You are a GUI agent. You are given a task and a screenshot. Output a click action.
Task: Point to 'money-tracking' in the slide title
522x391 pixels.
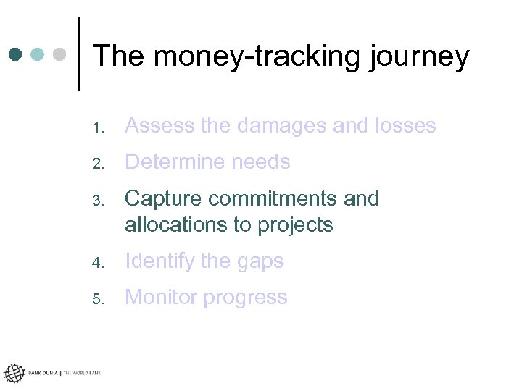tap(243, 56)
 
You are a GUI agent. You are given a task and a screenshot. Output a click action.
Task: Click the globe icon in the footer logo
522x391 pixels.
tap(14, 374)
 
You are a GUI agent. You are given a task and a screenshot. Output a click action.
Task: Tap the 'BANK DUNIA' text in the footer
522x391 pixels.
tap(43, 374)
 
